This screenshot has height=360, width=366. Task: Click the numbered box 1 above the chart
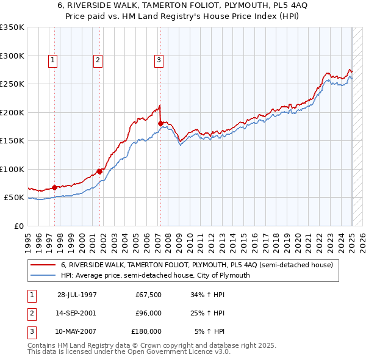54,60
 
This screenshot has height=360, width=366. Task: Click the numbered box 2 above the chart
98,60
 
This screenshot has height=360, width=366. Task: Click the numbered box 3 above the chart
158,60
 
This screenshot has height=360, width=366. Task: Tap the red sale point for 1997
54,187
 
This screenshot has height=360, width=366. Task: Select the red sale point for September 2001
99,171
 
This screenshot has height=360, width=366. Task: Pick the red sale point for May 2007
160,123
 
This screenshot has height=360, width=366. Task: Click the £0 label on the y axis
18,226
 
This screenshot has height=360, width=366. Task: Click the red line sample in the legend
43,265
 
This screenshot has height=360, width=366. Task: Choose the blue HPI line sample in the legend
43,275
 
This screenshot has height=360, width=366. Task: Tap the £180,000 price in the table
146,331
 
